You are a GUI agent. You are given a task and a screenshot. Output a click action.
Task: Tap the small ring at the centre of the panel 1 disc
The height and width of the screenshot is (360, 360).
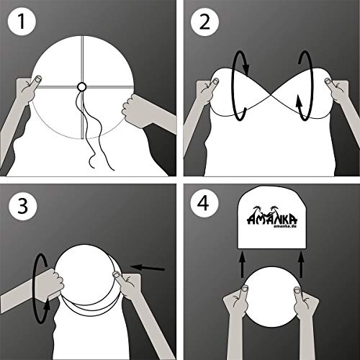point(81,86)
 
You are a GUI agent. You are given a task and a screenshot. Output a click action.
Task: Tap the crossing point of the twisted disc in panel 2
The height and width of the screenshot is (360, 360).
point(272,99)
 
